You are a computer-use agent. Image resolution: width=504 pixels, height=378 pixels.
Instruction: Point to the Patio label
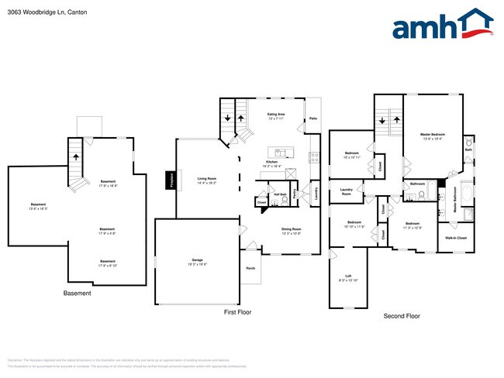click(313, 119)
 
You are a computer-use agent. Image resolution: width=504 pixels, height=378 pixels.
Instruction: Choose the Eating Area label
click(277, 116)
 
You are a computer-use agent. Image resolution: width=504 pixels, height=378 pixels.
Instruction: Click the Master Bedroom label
click(432, 136)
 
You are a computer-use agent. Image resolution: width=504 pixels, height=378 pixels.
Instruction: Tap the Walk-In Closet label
click(457, 238)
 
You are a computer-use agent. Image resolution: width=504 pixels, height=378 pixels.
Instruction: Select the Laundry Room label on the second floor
click(347, 191)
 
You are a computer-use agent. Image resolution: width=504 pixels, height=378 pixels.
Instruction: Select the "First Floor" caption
click(237, 312)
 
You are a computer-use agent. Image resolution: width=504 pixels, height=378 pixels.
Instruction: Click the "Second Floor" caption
click(402, 317)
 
